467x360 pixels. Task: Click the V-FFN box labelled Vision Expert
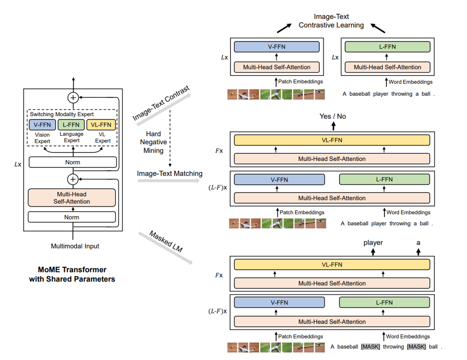click(x=42, y=125)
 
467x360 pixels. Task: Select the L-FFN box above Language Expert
click(x=71, y=125)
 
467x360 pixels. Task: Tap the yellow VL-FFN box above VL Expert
click(x=101, y=125)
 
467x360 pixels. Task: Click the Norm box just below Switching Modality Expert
click(x=73, y=162)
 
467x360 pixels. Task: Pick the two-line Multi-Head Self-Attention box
click(x=72, y=198)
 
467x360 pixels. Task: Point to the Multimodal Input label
click(x=75, y=246)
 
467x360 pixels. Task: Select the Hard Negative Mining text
click(x=153, y=142)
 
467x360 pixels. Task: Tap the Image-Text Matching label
click(x=170, y=174)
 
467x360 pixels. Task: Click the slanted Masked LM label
click(x=166, y=241)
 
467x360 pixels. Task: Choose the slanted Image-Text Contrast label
click(x=161, y=103)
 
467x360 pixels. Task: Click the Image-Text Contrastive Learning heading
click(x=331, y=21)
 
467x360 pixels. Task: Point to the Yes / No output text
click(x=333, y=116)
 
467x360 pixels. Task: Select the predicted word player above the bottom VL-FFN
click(x=373, y=243)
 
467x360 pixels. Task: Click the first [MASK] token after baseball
click(x=370, y=347)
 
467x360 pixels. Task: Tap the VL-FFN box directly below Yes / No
click(x=332, y=140)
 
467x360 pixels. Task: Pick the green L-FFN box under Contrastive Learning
click(x=387, y=47)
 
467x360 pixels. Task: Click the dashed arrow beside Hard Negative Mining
click(x=170, y=139)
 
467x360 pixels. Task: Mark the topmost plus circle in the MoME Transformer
click(x=73, y=97)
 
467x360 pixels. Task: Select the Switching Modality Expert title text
click(x=62, y=114)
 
